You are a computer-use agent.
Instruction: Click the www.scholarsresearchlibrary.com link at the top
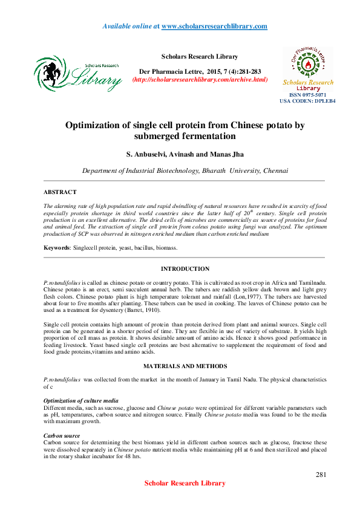214,26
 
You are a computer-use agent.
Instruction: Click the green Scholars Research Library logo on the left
77,72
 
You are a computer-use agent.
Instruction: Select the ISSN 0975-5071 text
307,95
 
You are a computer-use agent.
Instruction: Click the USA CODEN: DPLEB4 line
307,102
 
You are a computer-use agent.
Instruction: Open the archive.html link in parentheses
200,79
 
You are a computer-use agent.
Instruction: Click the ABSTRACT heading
60,192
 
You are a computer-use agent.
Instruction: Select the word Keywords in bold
56,248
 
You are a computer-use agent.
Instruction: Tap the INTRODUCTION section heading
185,268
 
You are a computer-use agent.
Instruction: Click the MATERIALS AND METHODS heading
185,366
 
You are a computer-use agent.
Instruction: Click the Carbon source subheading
62,435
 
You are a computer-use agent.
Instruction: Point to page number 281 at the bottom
321,475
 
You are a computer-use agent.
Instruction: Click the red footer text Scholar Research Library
185,483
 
